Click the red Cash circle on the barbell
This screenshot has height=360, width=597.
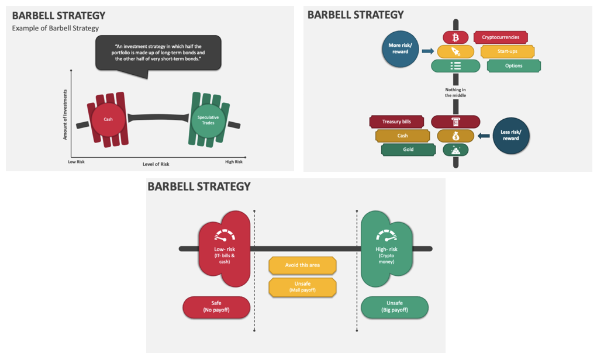click(x=108, y=119)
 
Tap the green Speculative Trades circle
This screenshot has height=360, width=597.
click(x=208, y=119)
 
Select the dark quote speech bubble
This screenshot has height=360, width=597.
click(x=158, y=53)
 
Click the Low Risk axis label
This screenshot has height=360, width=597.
click(x=76, y=162)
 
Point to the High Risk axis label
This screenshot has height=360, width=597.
click(x=234, y=162)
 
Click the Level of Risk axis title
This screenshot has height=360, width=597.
click(x=156, y=164)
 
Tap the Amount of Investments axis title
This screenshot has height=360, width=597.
click(x=65, y=115)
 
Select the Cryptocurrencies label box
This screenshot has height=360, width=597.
click(x=501, y=37)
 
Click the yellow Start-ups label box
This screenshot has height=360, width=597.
click(x=508, y=51)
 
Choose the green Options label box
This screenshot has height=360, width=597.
click(x=513, y=66)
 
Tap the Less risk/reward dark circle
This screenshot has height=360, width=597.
click(x=510, y=135)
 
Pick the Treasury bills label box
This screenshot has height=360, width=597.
click(x=396, y=122)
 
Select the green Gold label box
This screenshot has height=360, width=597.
click(x=408, y=150)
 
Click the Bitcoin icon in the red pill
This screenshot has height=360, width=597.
click(x=455, y=37)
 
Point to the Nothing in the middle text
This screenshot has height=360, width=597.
click(x=455, y=92)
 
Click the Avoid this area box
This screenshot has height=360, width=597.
click(x=302, y=265)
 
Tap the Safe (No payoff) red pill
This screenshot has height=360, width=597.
click(x=216, y=307)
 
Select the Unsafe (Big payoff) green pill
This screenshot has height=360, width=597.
click(x=394, y=307)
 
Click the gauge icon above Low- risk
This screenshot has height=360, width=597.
click(x=225, y=236)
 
